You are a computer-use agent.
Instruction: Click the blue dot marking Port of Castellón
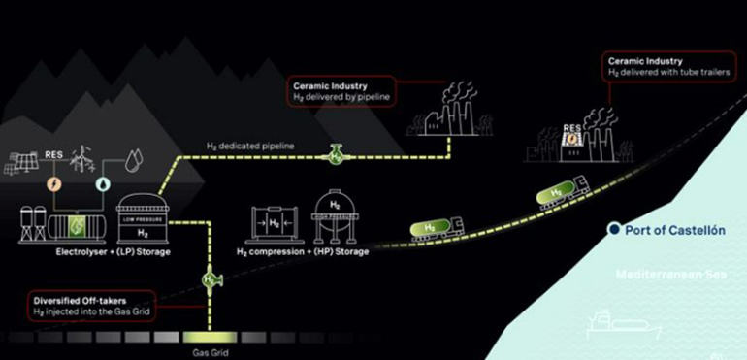(x=613, y=229)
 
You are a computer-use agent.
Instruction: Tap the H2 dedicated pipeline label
(x=250, y=146)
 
